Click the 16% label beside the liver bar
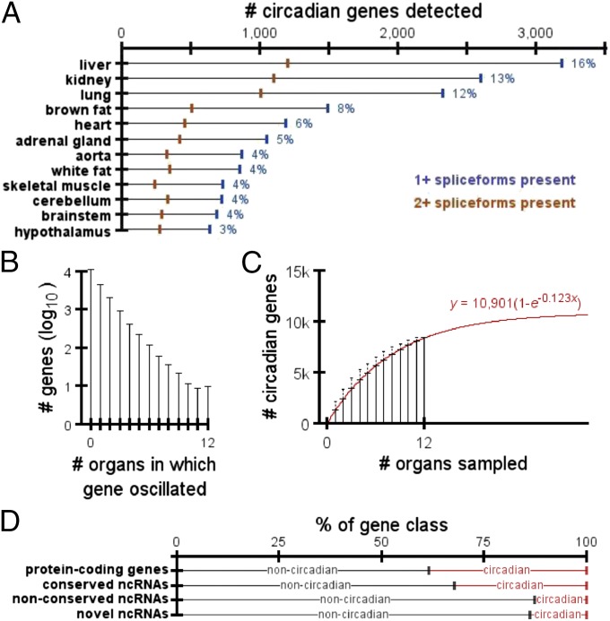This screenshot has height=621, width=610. click(x=584, y=64)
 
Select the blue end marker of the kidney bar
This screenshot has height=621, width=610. click(x=481, y=79)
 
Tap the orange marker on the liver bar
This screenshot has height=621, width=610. click(x=288, y=63)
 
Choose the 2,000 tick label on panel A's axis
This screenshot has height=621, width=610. click(x=396, y=32)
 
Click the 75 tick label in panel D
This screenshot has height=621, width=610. click(x=484, y=542)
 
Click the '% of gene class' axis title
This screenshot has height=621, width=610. click(x=380, y=522)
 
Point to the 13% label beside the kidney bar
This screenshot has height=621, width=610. click(x=501, y=79)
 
